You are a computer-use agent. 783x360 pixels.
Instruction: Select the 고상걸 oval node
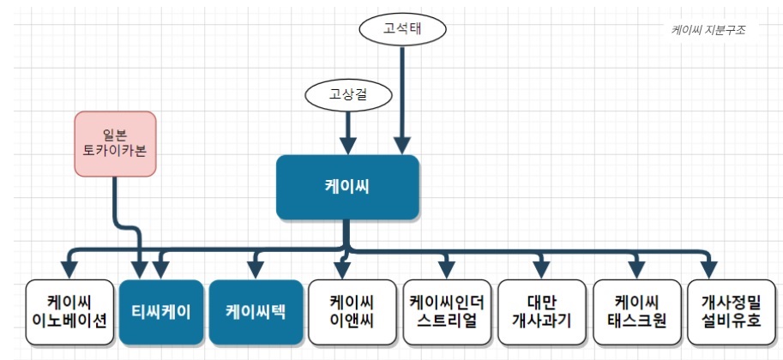348,93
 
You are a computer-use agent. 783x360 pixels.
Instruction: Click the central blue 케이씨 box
347,186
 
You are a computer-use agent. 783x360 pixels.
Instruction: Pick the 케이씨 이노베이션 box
69,311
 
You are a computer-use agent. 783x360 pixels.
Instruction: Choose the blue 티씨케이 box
161,311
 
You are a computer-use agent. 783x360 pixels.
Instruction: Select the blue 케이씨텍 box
256,311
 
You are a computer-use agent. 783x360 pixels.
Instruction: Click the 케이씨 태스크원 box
635,311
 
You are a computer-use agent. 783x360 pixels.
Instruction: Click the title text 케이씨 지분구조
708,29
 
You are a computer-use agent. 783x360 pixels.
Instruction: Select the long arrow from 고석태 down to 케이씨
402,94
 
